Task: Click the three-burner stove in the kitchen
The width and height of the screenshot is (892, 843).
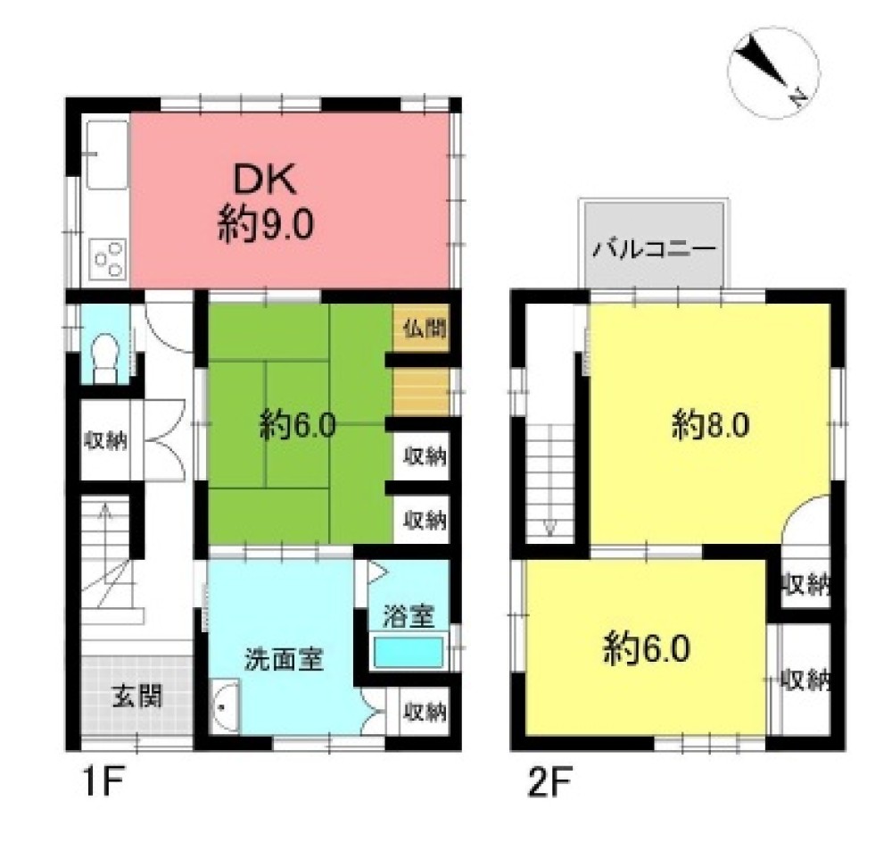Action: (x=108, y=260)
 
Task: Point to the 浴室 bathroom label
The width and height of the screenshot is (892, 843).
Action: (x=408, y=616)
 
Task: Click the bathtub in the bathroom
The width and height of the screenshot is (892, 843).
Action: (x=408, y=653)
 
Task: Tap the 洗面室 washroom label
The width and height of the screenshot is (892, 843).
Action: (x=284, y=659)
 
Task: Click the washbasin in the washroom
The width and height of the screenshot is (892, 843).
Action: (x=225, y=706)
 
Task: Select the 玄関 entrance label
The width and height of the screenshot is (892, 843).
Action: (x=137, y=696)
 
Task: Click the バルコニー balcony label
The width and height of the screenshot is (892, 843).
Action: (x=654, y=249)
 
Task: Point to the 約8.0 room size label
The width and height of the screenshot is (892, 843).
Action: (x=711, y=425)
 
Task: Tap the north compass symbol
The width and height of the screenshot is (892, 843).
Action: (x=773, y=73)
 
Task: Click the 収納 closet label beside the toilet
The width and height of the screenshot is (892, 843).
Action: (x=105, y=441)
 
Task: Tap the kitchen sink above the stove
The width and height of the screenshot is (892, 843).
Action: (x=107, y=154)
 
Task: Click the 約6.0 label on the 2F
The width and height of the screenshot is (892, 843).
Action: (x=647, y=648)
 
